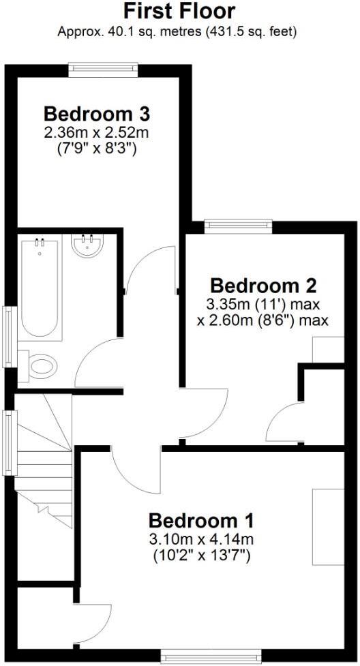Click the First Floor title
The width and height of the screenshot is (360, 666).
click(180, 12)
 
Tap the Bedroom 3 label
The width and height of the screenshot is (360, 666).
click(97, 112)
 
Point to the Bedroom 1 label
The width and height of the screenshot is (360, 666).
click(201, 521)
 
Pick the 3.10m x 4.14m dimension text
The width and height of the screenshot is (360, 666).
click(201, 540)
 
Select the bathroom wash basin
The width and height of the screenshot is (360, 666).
click(88, 247)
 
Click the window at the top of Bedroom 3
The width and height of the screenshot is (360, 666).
click(104, 69)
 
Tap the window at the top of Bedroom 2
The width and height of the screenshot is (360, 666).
click(239, 226)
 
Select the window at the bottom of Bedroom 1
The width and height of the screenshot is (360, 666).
click(210, 656)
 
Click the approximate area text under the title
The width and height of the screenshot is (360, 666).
click(180, 31)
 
